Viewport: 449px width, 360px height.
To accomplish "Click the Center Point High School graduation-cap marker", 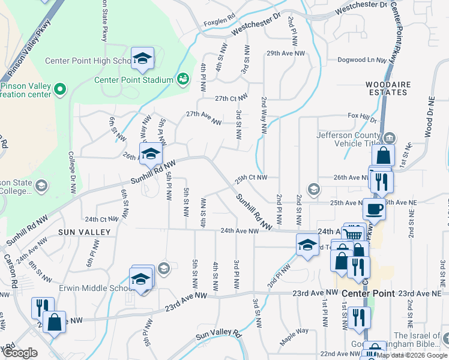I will click(142, 58).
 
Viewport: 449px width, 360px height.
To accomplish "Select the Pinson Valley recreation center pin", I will click(59, 90).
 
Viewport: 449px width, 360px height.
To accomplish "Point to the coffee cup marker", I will click(374, 209).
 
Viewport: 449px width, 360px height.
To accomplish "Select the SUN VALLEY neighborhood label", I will click(84, 232).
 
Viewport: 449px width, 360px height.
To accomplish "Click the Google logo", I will click(20, 353).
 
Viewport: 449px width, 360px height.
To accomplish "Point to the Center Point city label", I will click(370, 293).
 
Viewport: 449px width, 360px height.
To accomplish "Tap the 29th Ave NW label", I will click(286, 53).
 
